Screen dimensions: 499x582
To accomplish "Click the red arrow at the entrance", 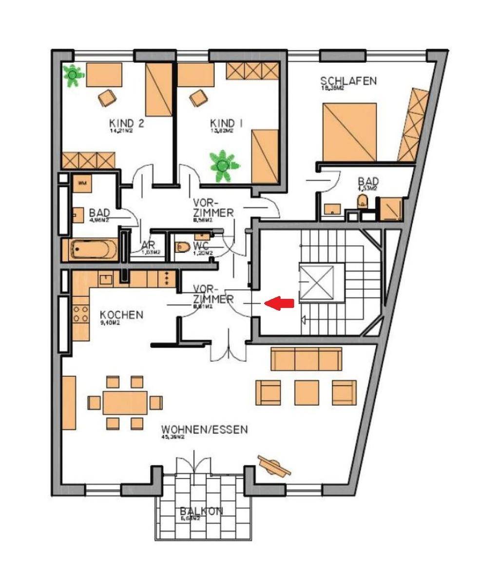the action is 280,303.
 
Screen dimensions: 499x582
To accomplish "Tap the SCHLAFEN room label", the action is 348,81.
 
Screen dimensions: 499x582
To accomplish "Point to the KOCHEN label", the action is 121,315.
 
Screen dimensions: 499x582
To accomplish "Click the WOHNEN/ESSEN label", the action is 205,430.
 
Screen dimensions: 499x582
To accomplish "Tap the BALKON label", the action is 201,511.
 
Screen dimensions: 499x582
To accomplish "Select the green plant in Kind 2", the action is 73,75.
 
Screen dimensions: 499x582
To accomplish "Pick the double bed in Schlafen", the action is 349,132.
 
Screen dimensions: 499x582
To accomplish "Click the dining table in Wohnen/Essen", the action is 125,402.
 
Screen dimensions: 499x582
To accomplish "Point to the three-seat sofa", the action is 306,359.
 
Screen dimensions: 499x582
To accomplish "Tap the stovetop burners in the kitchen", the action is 80,314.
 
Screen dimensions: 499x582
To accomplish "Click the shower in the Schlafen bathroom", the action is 391,209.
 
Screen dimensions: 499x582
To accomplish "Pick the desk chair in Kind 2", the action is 107,98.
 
